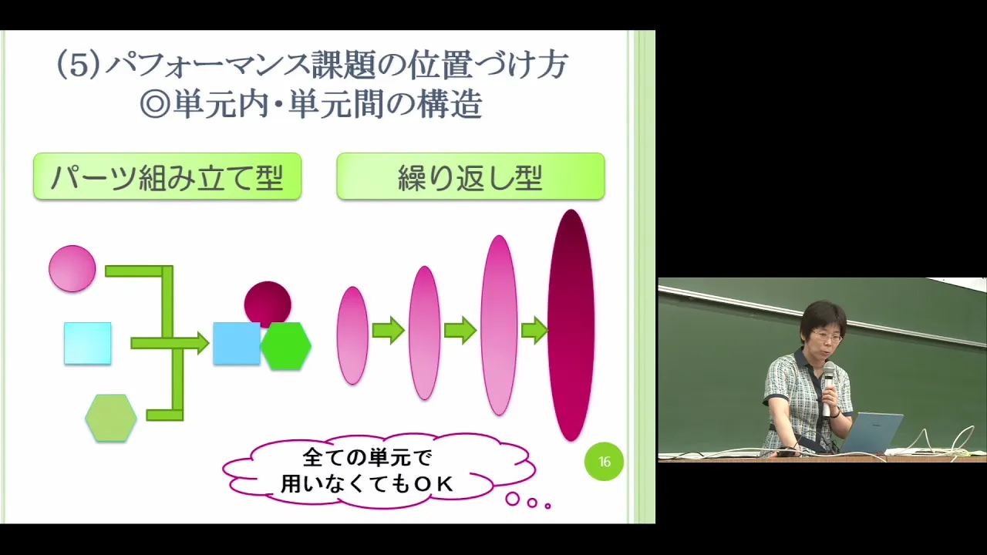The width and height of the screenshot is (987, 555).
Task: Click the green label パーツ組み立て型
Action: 167,177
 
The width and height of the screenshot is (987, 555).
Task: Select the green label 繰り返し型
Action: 470,177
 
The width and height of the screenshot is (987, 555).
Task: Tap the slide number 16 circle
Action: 604,461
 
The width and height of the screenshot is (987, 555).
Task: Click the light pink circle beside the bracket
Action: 72,269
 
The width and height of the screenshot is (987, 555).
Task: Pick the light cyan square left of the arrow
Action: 88,344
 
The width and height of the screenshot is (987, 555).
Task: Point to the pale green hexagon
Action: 111,418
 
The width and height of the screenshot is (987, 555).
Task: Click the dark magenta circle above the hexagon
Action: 268,304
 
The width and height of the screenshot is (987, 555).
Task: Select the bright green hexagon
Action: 286,346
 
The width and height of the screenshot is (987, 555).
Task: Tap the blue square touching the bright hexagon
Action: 237,344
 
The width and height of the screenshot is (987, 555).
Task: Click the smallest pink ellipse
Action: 352,335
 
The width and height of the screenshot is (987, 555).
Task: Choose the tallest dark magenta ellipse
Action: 571,325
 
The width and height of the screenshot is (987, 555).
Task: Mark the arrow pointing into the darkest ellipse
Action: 534,330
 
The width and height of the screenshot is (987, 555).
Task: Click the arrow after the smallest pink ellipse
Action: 388,330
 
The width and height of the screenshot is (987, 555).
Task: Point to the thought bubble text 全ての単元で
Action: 368,458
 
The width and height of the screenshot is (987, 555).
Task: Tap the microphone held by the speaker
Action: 828,388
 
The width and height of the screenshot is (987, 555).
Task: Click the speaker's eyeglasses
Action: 827,338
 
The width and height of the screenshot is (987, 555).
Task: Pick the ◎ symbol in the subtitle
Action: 155,105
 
